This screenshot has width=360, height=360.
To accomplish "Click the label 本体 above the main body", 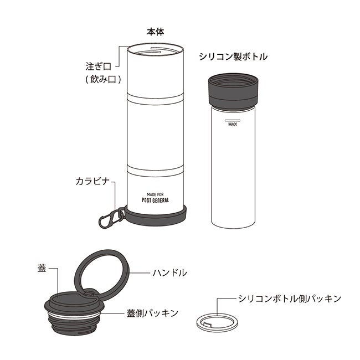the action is tap(156, 32).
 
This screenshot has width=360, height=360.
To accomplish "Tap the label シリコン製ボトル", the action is tap(233, 56).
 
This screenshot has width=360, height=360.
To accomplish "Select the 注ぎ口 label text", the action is tap(99, 66).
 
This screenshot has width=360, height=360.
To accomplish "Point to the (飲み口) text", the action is tap(103, 79).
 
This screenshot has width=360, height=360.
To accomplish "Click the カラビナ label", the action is tap(92, 181).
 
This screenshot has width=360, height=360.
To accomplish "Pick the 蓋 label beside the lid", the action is tap(42, 268).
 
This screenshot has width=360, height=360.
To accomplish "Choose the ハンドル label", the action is tap(169, 273).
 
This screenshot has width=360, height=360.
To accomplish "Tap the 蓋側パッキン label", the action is tap(153, 313).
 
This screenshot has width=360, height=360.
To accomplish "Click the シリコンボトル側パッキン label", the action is tap(290, 299).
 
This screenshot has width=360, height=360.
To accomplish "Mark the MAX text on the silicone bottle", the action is tap(233, 124).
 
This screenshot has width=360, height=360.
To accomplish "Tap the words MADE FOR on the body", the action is tap(155, 194).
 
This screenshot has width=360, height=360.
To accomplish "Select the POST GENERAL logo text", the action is tap(155, 200).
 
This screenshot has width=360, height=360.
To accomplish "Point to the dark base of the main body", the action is tap(155, 217).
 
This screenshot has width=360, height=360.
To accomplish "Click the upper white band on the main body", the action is tap(155, 99).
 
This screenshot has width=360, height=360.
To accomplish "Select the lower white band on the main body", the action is tap(155, 171).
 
